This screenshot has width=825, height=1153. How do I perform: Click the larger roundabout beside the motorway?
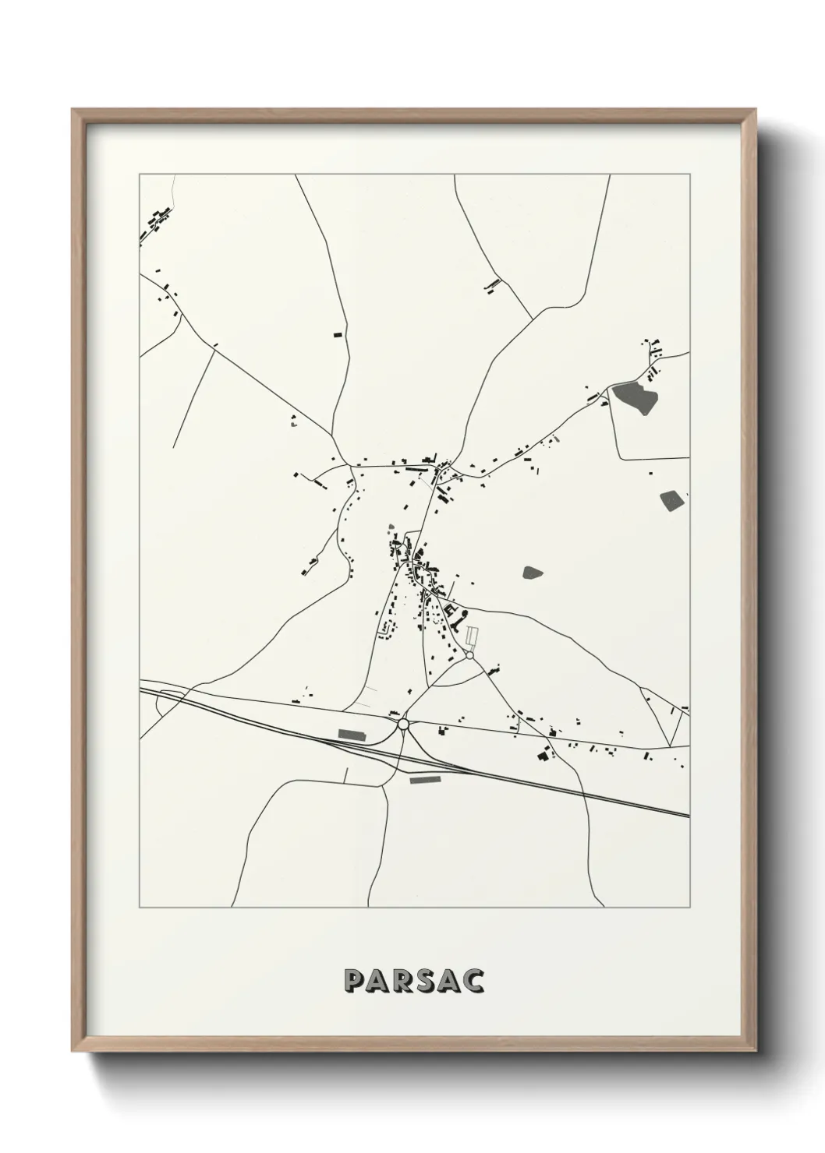(403, 725)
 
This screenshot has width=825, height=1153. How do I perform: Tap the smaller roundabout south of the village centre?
(469, 656)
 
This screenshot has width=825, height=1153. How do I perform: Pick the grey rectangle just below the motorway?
(425, 778)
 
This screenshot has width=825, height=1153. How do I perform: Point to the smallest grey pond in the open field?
(533, 573)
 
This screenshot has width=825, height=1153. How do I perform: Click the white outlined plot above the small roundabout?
(471, 638)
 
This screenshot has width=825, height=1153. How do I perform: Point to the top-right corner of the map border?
(690, 175)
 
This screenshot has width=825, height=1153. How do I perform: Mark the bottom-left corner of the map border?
(140, 908)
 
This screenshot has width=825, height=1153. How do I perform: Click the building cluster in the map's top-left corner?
(155, 222)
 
